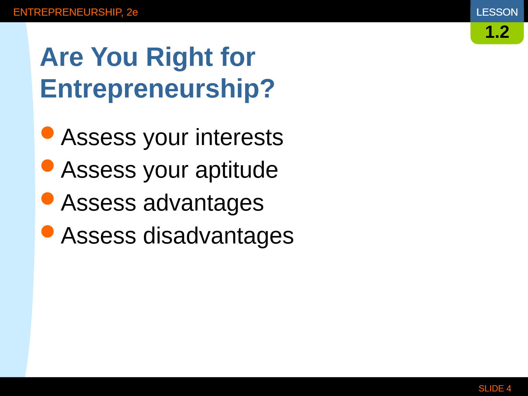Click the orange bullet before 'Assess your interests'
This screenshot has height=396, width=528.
pos(47,133)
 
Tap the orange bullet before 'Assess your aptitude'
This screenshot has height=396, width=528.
pos(47,166)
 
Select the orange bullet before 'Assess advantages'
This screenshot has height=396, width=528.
pos(47,198)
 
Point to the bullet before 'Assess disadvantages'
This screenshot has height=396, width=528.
pos(47,231)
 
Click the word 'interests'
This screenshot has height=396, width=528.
pos(239,137)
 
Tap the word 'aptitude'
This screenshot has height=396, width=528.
pos(237,170)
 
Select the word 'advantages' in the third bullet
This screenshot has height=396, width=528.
pos(203,203)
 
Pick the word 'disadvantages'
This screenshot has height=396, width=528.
pos(218,236)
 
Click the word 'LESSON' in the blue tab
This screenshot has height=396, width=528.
pos(497,12)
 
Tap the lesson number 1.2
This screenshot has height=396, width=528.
pos(497,32)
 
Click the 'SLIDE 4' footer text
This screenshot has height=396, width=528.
pos(495,388)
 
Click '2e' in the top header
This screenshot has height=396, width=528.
pos(132,12)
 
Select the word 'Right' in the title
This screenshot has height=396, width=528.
pos(180,58)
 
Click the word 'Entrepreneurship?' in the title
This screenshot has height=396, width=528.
pos(157,89)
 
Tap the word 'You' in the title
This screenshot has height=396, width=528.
pos(114,57)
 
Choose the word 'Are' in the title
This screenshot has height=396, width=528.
pos(62,57)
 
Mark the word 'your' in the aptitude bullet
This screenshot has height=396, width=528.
pos(166,172)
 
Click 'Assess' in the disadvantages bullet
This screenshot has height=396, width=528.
pos(99,236)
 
